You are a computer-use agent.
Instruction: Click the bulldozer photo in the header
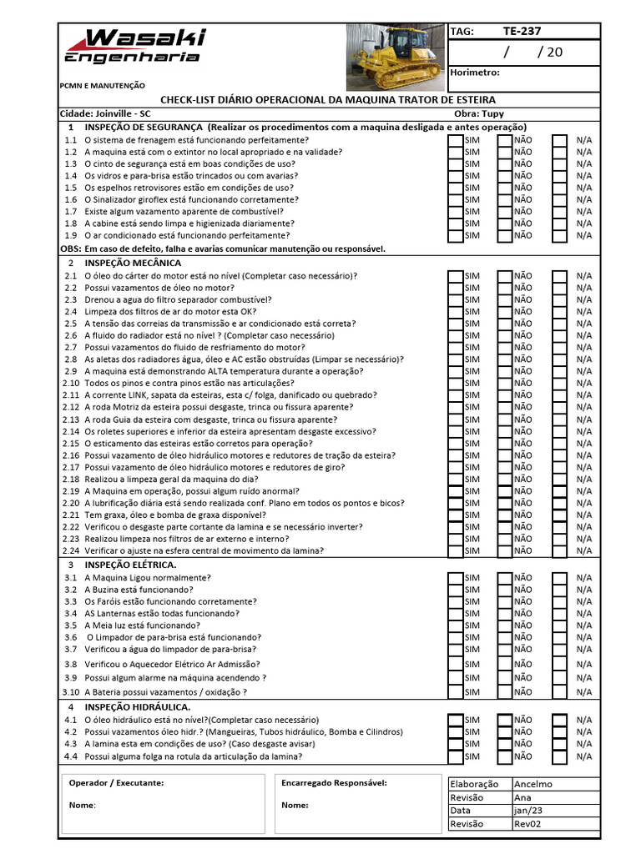point(396,57)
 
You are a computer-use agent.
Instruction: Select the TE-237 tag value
point(522,31)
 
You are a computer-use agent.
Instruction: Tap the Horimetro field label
point(475,73)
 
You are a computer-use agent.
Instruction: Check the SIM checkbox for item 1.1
point(455,141)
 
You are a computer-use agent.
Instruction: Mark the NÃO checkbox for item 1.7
point(505,212)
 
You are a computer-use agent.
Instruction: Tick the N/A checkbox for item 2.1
point(560,276)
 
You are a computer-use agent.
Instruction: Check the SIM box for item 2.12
point(455,407)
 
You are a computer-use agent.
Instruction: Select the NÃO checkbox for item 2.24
point(505,550)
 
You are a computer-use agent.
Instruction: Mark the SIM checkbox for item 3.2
point(455,590)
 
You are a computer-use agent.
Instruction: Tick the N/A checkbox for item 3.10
point(560,691)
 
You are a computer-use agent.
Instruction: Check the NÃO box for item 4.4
point(505,756)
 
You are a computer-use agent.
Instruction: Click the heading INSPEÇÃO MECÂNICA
point(133,263)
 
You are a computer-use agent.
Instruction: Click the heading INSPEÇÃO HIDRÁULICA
point(138,707)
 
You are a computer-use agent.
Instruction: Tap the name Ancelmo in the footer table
point(533,784)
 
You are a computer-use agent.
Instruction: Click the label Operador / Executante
point(116,783)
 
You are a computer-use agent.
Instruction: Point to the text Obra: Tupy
point(479,113)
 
